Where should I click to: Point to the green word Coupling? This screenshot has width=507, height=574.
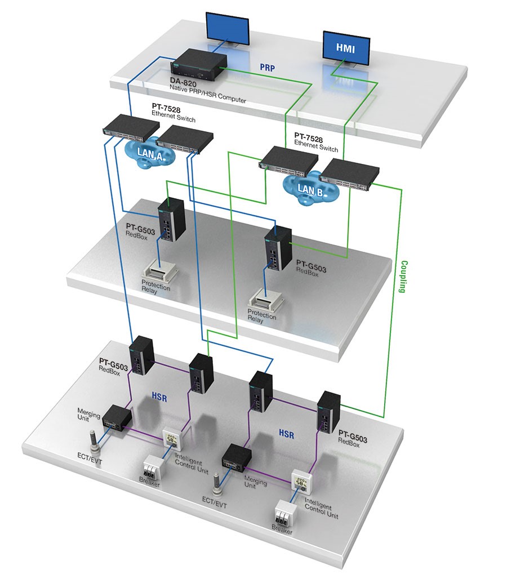coord(402,276)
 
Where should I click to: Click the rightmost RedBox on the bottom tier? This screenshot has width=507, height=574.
coord(328,412)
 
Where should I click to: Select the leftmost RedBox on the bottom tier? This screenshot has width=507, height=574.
coord(142,355)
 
